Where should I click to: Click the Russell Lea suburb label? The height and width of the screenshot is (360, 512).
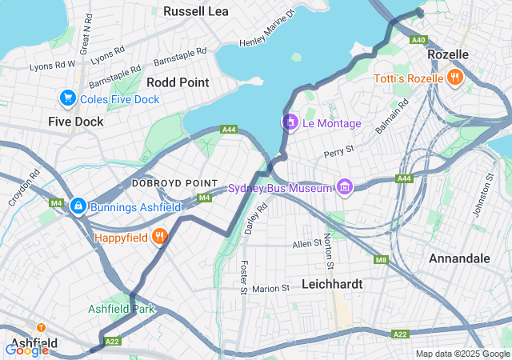point(196,11)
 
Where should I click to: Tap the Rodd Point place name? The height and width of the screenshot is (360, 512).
point(178,82)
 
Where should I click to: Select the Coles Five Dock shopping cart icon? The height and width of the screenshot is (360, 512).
point(67,98)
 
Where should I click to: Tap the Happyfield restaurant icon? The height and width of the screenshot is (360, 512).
point(160,237)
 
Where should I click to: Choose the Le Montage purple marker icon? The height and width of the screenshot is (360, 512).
point(289,123)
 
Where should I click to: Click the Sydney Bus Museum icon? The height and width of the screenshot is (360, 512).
point(345,187)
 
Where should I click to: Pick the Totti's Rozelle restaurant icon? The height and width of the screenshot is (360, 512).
point(454,78)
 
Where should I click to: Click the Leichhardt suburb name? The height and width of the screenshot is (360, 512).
point(333,284)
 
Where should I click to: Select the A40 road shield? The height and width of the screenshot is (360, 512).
point(418,40)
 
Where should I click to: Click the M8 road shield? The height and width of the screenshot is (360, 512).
point(381,259)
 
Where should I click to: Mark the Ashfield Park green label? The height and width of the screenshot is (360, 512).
point(121,309)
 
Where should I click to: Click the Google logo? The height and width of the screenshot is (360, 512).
point(26,350)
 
